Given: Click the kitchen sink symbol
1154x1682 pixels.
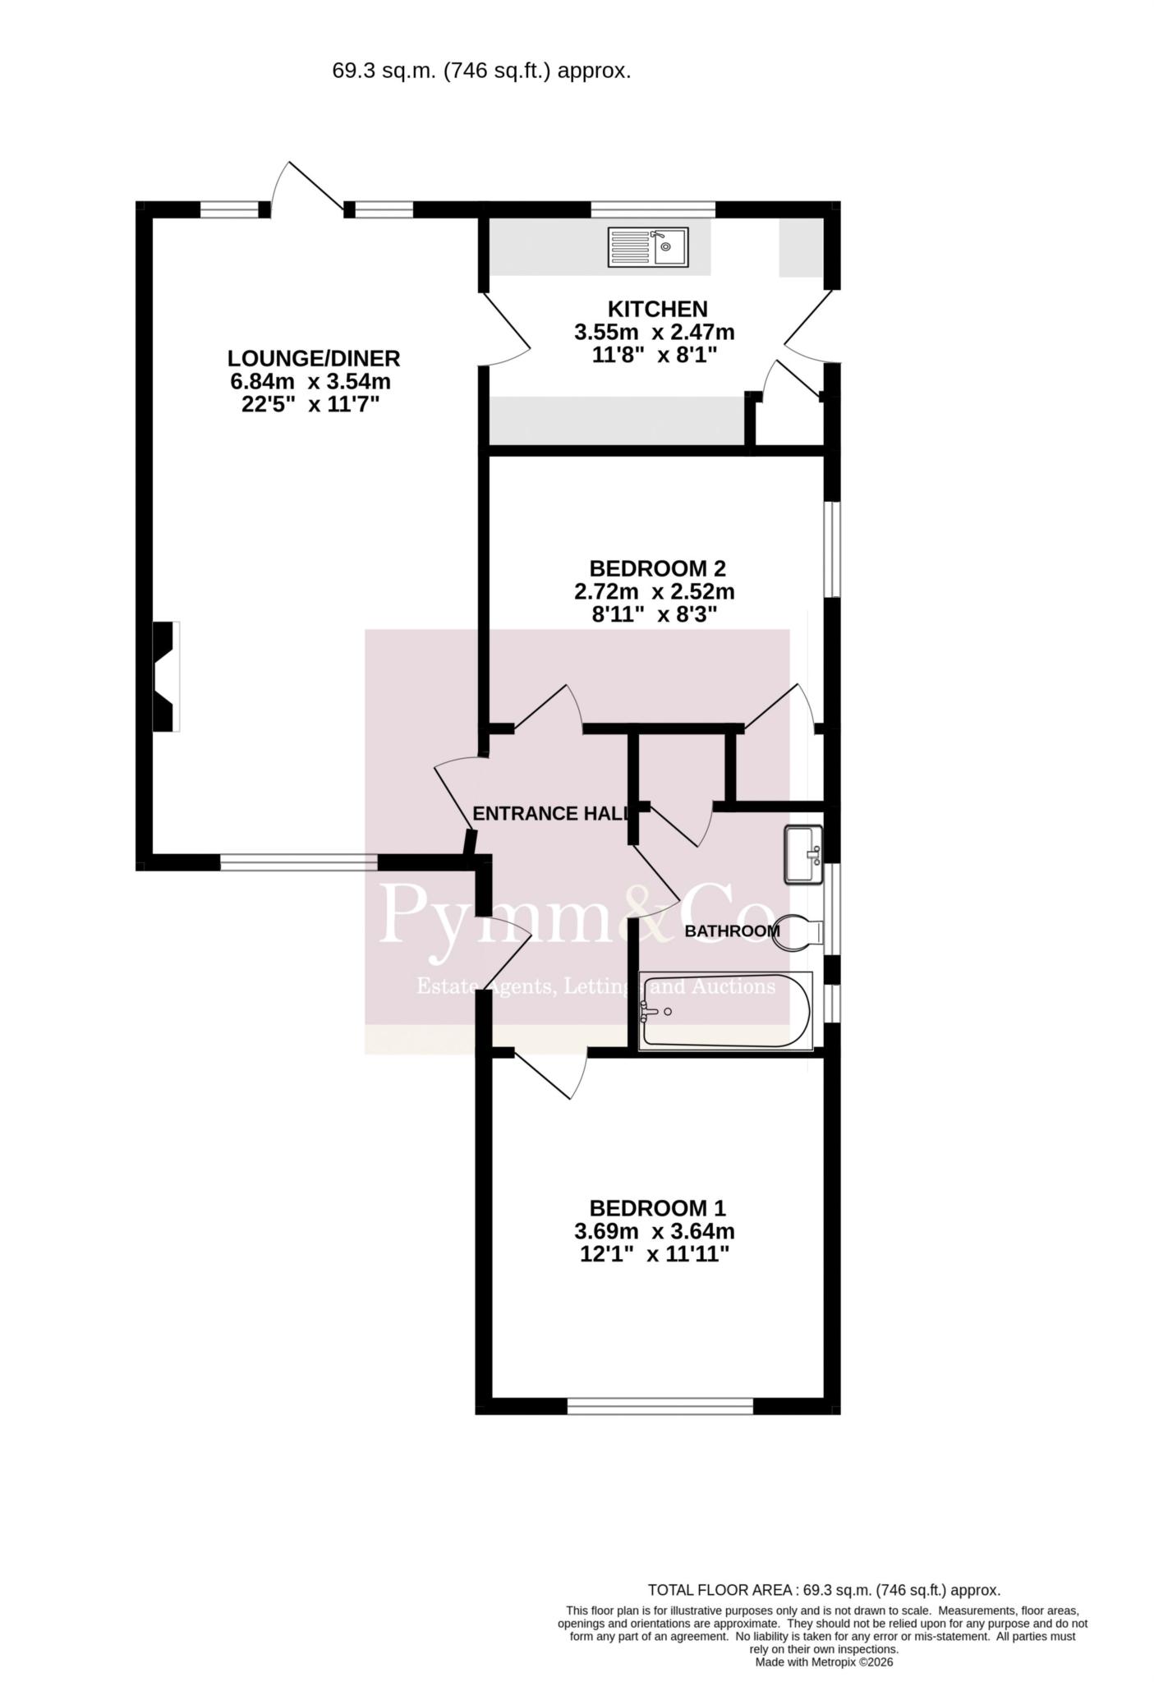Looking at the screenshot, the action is tap(648, 247).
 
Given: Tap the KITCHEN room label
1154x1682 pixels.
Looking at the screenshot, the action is tap(657, 309).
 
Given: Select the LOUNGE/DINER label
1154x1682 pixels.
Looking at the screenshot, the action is tap(314, 358).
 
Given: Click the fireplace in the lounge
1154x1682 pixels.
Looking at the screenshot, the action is tap(166, 676).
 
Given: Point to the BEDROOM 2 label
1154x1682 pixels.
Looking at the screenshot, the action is tap(657, 568).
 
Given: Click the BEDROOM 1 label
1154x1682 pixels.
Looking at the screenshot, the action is tap(657, 1208).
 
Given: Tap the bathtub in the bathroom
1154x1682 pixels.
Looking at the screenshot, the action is tap(725, 1011).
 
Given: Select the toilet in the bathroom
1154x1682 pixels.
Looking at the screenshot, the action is tap(798, 932).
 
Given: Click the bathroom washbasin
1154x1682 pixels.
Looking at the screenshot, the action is tap(803, 854).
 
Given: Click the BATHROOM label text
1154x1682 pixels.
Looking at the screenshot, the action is tap(732, 931).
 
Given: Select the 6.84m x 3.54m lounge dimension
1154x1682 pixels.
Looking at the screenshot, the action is tap(310, 381).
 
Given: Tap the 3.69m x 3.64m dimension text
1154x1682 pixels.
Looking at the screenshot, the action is tap(654, 1231).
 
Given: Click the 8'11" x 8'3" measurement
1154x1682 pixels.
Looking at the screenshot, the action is tap(649, 614).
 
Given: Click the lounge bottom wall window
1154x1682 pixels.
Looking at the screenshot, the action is tap(299, 862).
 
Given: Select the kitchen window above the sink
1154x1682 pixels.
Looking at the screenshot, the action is tap(653, 209).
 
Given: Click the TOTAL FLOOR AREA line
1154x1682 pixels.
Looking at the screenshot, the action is tap(824, 1590).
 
